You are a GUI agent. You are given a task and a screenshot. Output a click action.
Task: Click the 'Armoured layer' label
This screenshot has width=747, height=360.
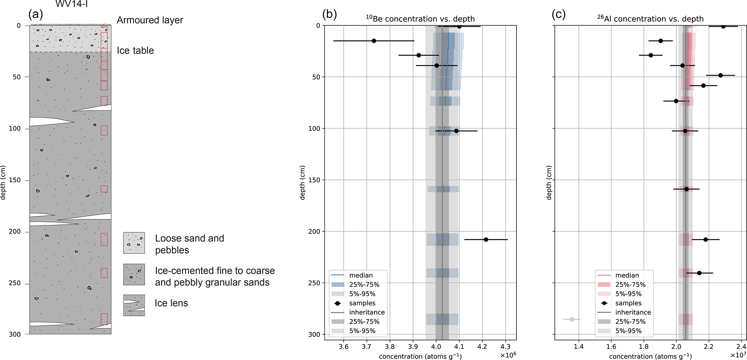[x=150, y=20]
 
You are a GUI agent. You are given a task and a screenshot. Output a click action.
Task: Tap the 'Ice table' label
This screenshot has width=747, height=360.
[x=135, y=51]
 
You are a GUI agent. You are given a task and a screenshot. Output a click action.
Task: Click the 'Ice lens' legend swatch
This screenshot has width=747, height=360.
[x=134, y=305]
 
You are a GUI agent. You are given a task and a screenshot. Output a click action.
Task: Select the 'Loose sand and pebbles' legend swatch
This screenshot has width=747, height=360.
[x=134, y=243]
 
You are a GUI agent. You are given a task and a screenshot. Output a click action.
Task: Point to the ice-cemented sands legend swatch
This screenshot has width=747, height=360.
[x=134, y=275]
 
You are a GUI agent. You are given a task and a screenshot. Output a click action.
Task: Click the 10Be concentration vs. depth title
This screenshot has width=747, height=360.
[x=420, y=19]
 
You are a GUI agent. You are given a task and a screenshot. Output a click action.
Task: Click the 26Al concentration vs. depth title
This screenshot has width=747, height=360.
[x=650, y=19]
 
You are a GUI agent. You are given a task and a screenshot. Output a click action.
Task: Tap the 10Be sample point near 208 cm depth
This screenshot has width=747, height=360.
[x=486, y=240]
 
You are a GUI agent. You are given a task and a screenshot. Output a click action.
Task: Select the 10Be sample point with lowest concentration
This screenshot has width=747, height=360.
[x=374, y=41]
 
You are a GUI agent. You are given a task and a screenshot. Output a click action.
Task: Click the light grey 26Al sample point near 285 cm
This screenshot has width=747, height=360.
[x=572, y=320]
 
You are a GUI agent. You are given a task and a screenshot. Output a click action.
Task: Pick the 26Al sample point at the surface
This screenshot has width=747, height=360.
[x=723, y=26]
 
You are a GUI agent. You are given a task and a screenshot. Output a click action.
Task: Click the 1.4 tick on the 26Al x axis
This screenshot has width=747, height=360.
[x=579, y=347]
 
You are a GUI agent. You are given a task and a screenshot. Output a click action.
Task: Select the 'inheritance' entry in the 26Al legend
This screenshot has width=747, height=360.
[x=633, y=312]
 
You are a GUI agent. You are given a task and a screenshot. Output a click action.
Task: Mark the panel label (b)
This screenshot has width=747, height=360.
[x=329, y=14]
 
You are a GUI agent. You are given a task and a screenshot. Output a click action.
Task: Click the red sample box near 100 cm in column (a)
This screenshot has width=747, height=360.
[x=104, y=130]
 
